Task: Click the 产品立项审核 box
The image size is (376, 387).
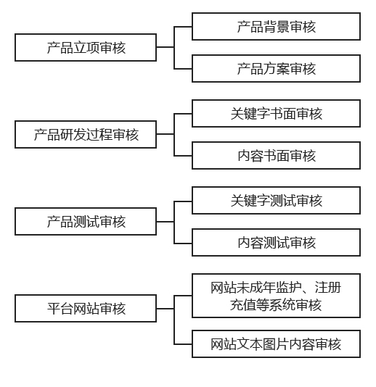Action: pos(86,47)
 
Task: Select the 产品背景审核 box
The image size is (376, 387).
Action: pos(276,26)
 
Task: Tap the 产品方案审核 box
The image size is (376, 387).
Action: pos(276,69)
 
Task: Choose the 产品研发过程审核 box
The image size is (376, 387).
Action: pos(86,135)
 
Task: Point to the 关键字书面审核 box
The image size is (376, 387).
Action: pos(276,114)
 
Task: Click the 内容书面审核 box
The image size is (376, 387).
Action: pos(276,156)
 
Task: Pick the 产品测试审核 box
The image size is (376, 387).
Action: pos(86,221)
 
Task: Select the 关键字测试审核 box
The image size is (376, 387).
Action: pos(276,201)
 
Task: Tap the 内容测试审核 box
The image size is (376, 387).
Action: pos(276,242)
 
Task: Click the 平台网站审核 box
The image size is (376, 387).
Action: pos(86,308)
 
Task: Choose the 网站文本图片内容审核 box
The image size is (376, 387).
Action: pos(276,344)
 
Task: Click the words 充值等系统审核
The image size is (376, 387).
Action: pos(276,304)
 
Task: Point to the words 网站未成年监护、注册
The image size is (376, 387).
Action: pos(276,287)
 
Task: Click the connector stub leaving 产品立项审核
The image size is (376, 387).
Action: pos(165,47)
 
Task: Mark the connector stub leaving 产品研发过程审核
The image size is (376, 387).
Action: pos(165,134)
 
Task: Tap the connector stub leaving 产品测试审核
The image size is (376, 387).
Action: pos(165,222)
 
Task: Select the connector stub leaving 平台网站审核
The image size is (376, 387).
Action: pos(165,309)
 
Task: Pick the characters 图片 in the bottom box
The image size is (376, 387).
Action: pos(276,344)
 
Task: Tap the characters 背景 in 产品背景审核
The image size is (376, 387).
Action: pos(276,27)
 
